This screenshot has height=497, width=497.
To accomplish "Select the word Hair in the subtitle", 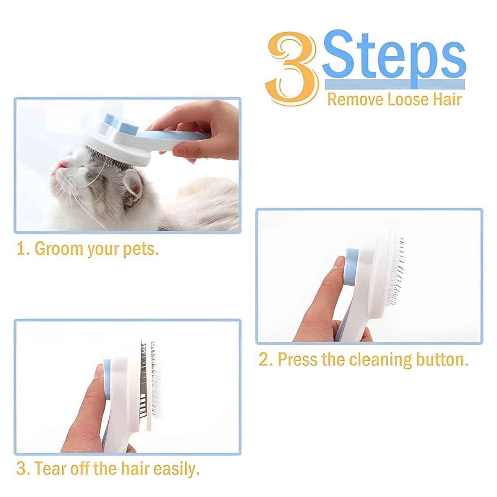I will [447, 99].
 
